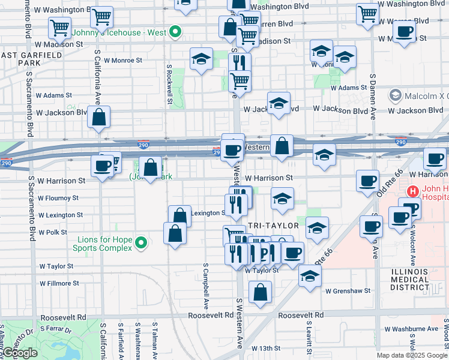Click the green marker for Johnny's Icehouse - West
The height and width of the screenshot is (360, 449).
click(175, 31)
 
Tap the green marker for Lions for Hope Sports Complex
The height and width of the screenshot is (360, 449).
click(141, 243)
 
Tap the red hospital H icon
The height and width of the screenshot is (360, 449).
click(412, 192)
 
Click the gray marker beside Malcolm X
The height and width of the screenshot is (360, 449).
click(395, 95)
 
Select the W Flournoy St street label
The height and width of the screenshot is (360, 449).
click(58, 197)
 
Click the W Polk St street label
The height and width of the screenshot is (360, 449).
click(53, 232)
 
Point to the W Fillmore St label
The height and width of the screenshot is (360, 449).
click(59, 283)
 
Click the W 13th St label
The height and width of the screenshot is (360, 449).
click(266, 348)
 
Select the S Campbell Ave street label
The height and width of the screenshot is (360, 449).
click(205, 282)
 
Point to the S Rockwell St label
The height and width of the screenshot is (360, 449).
click(170, 84)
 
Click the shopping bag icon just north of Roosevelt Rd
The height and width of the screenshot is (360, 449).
click(260, 293)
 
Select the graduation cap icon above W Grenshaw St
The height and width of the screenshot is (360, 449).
click(310, 276)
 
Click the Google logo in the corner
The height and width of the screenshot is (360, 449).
click(20, 353)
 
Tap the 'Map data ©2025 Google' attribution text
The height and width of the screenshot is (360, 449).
click(411, 355)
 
